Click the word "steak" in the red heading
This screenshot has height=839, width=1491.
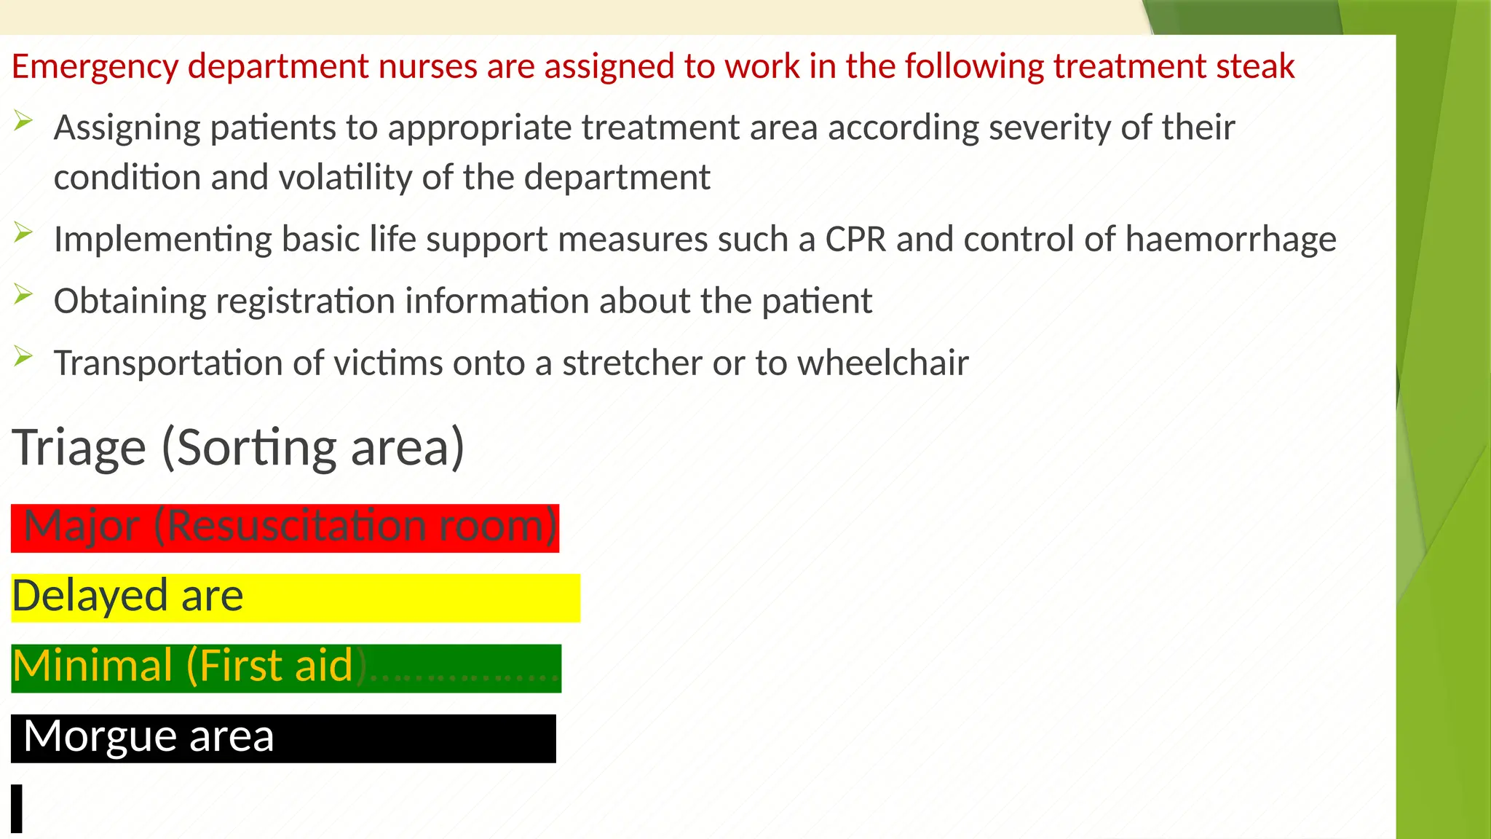tap(1255, 66)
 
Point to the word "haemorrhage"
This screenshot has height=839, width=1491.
tap(1230, 240)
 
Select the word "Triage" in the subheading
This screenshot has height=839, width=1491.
tap(79, 447)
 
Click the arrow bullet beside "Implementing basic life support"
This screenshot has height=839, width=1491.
tap(23, 233)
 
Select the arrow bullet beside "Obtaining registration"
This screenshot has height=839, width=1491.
tap(23, 294)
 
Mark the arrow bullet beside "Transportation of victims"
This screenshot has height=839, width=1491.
tap(23, 356)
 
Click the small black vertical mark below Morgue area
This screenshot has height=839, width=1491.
tap(17, 808)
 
